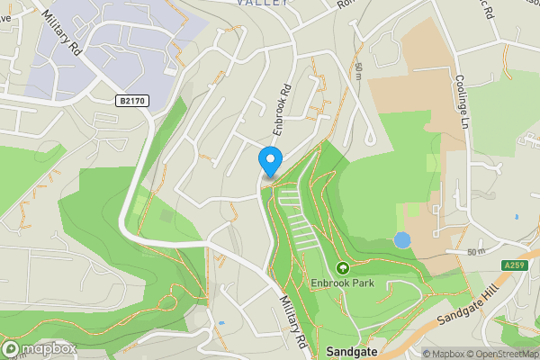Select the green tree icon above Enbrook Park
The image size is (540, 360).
pos(342,268)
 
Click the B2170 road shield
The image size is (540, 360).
pos(133,103)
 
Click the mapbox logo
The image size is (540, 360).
pos(39,348)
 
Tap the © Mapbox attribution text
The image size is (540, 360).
pos(444,354)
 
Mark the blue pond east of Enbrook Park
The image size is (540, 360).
pos(402,240)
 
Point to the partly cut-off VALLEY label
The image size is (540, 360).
pos(264,3)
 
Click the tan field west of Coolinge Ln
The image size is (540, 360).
pos(423,90)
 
